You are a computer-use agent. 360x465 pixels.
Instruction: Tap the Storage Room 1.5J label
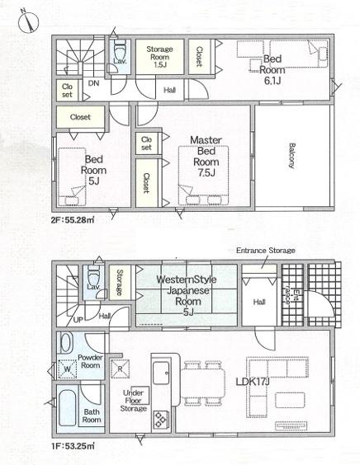click(159, 57)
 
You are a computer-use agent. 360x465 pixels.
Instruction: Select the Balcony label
click(292, 156)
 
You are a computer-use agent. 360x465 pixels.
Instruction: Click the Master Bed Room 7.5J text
click(206, 156)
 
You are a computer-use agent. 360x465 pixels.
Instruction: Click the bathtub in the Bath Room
click(67, 408)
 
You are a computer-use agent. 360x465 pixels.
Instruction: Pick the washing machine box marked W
click(68, 369)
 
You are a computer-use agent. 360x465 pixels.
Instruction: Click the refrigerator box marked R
click(120, 369)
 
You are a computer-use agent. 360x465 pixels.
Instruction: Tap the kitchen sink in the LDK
click(161, 373)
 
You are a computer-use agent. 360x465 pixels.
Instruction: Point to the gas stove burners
click(161, 420)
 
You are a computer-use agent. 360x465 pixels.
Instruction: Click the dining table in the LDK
click(203, 383)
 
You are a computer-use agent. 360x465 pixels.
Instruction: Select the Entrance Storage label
click(266, 251)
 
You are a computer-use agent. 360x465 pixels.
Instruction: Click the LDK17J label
click(253, 382)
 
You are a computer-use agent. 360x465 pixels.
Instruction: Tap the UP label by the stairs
click(78, 320)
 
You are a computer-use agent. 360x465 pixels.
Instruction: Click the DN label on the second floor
click(93, 83)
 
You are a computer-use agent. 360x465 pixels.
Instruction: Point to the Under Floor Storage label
click(134, 401)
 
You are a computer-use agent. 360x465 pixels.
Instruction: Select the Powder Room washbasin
click(67, 342)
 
